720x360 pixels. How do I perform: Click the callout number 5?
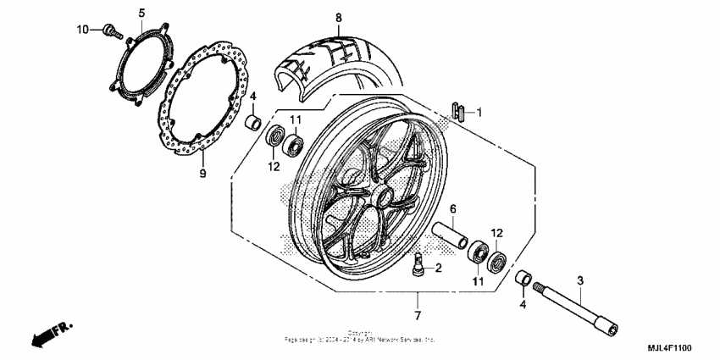click(x=141, y=12)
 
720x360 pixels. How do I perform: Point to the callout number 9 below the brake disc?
click(x=202, y=174)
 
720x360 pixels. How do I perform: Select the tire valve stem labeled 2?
click(x=419, y=264)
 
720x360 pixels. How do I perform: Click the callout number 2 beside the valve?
click(x=438, y=269)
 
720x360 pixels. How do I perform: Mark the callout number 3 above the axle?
click(x=580, y=280)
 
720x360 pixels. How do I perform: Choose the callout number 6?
click(x=452, y=209)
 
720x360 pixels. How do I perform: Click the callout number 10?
click(x=82, y=30)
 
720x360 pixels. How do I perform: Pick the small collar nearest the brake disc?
click(x=252, y=124)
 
